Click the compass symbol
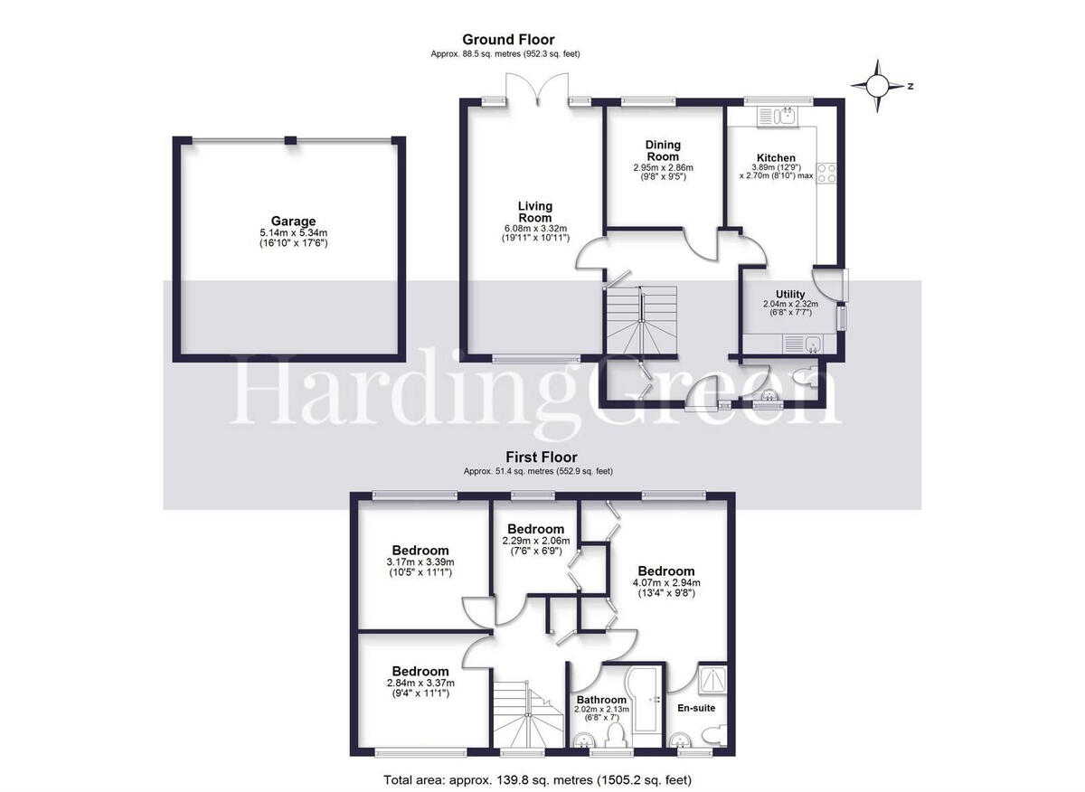pyautogui.click(x=878, y=87)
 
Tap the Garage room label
pyautogui.click(x=293, y=221)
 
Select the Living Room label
pyautogui.click(x=534, y=212)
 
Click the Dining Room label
pyautogui.click(x=663, y=151)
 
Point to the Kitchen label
pyautogui.click(x=776, y=158)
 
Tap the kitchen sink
pyautogui.click(x=776, y=116)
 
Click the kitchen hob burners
pyautogui.click(x=826, y=173)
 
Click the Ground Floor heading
pyautogui.click(x=508, y=39)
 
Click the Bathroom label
pyautogui.click(x=601, y=700)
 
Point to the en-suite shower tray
pyautogui.click(x=712, y=681)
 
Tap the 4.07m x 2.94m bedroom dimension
pyautogui.click(x=666, y=583)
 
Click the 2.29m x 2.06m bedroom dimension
pyautogui.click(x=535, y=541)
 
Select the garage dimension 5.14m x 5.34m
pyautogui.click(x=293, y=232)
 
